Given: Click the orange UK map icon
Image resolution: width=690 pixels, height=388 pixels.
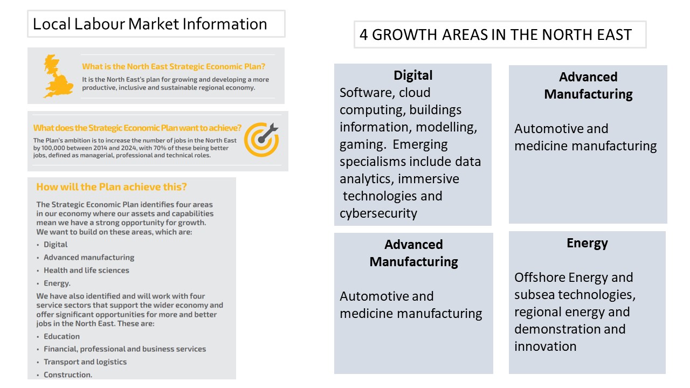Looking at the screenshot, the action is click(58, 76).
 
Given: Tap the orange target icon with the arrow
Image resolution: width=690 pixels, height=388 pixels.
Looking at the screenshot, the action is click(261, 140).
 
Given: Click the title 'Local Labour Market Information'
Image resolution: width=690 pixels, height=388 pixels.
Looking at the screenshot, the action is click(150, 24).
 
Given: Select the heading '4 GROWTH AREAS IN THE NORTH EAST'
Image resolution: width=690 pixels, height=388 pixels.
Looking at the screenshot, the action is click(495, 34).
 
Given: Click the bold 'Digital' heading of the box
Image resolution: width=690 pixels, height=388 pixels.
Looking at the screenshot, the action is click(413, 75).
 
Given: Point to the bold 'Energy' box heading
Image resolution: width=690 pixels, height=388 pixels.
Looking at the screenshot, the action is click(587, 243).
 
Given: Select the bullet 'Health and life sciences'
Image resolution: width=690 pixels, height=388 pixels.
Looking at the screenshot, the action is click(86, 270).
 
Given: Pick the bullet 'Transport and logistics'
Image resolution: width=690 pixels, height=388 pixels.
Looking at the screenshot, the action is click(85, 362).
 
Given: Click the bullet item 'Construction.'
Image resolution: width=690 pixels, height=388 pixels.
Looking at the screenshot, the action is click(68, 375).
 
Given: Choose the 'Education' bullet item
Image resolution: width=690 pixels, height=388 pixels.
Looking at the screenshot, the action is click(61, 336).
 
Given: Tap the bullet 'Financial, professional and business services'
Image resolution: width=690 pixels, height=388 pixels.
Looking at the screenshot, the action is click(125, 349).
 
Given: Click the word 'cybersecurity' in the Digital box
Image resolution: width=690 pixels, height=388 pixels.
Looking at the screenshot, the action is click(378, 213).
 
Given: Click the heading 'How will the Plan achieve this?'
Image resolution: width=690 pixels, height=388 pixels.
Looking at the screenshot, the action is click(112, 187).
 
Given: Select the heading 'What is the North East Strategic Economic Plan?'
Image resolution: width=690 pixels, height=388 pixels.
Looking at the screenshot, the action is click(174, 66).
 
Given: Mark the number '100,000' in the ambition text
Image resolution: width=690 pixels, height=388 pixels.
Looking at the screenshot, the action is click(53, 148).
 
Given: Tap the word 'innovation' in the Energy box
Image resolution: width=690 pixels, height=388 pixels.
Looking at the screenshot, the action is click(545, 347).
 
